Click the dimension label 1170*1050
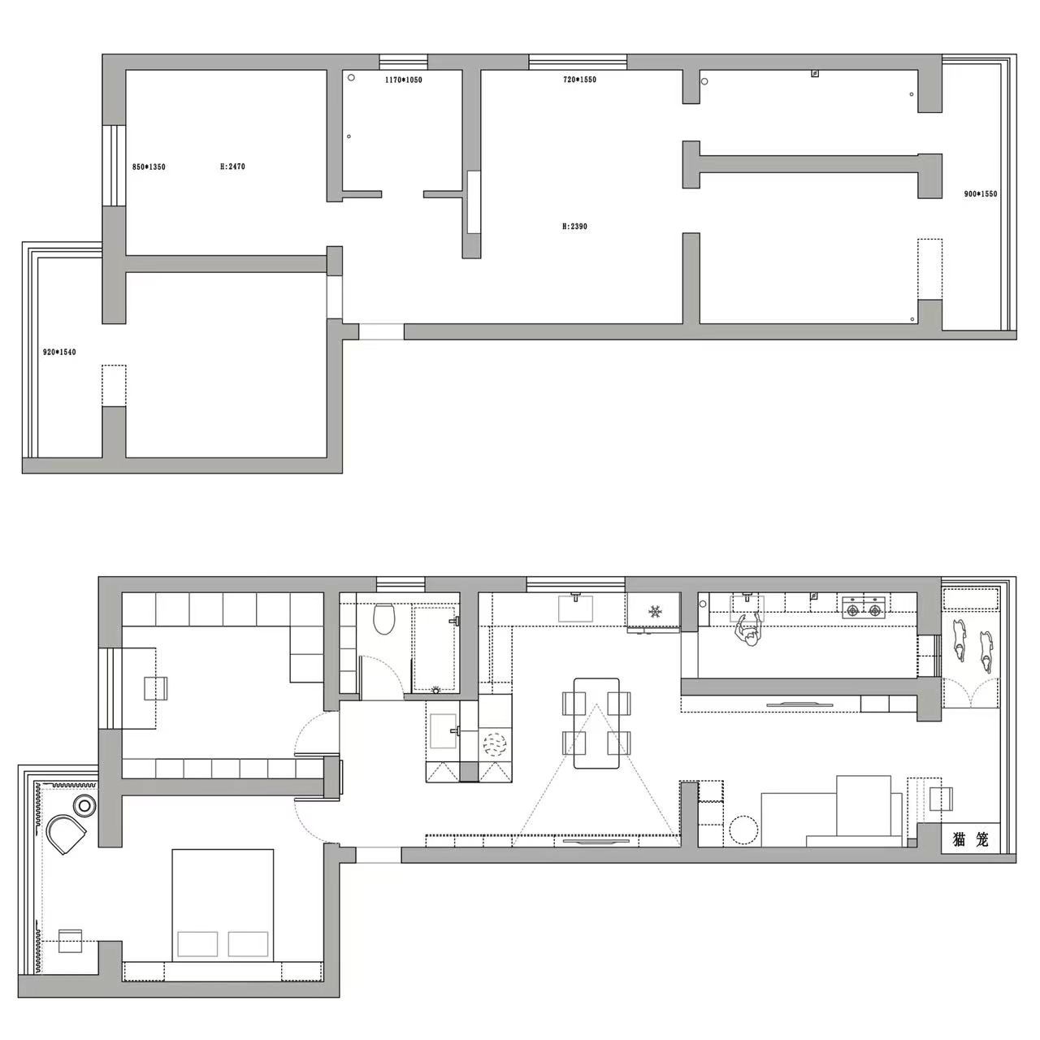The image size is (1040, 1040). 403,80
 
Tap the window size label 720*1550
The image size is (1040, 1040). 580,80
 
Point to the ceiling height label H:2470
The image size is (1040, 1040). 232,167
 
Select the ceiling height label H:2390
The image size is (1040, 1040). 574,227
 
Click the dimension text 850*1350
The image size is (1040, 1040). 149,167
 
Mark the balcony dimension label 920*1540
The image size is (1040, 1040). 58,352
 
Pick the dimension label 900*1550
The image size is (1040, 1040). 980,194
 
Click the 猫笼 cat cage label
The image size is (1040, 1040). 970,840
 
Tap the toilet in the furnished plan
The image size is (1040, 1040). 383,620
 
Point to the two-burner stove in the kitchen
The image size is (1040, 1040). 863,607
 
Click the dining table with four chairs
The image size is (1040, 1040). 596,722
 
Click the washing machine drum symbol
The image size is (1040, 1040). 495,744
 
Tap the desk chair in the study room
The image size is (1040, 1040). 156,688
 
